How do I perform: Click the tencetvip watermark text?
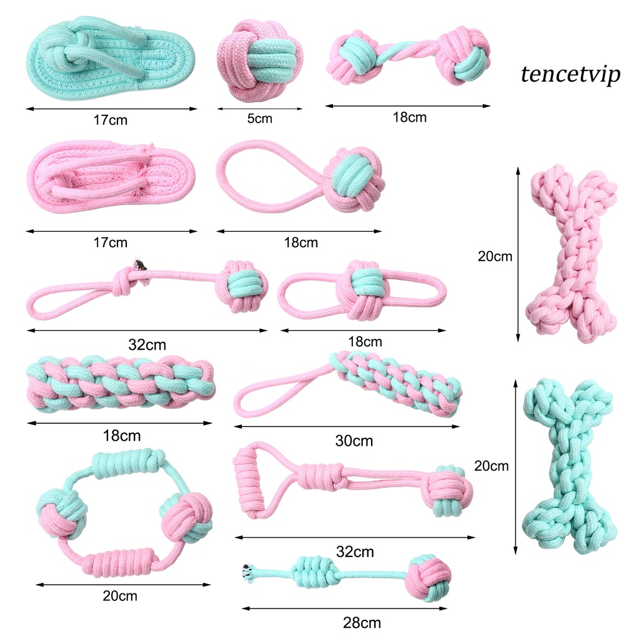(570, 74)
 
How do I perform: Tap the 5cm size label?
(259, 118)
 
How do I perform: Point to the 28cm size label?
(362, 623)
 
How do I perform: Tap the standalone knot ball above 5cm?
(260, 60)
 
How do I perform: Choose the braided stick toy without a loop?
(121, 383)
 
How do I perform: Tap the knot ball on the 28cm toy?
(428, 577)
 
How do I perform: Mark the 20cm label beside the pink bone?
(495, 256)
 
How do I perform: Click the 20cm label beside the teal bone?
(491, 466)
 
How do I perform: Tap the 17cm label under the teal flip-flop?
(110, 119)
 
